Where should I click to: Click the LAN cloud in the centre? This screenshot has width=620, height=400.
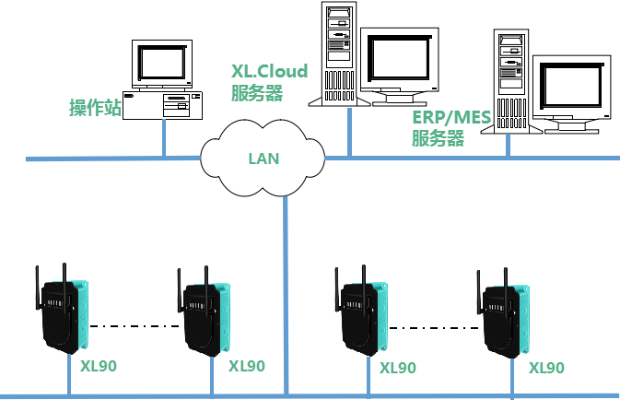pos(263,159)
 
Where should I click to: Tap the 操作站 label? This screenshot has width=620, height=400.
pos(95,108)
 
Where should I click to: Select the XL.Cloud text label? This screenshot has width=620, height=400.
pos(269,71)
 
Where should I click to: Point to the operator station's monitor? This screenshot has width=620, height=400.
pos(162,64)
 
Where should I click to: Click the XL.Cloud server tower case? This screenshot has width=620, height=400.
pos(338,52)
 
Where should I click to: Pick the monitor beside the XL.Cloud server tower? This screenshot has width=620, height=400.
pos(398,65)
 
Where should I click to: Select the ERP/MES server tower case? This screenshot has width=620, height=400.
pos(510,80)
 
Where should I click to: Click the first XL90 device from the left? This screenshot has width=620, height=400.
pos(64,314)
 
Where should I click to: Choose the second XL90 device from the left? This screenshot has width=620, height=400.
pos(205,317)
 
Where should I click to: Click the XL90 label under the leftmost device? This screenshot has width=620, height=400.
pos(99,366)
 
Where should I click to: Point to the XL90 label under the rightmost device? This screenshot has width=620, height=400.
pos(546,368)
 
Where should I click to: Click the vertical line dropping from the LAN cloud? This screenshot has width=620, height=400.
pos(286,295)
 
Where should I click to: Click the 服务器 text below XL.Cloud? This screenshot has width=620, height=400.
pos(256,92)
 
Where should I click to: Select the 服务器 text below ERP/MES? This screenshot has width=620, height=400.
pos(437,139)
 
